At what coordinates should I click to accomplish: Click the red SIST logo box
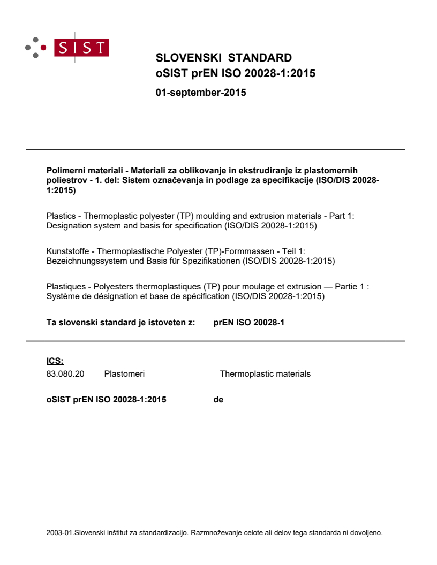pyautogui.click(x=84, y=48)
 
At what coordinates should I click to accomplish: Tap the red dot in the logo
pyautogui.click(x=43, y=48)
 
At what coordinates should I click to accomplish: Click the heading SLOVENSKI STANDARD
pyautogui.click(x=223, y=58)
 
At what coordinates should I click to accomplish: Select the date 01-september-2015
pyautogui.click(x=201, y=93)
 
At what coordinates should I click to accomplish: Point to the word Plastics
pyautogui.click(x=61, y=216)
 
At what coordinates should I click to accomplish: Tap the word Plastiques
pyautogui.click(x=65, y=287)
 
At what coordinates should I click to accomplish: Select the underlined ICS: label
pyautogui.click(x=55, y=361)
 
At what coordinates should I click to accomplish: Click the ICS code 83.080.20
pyautogui.click(x=65, y=374)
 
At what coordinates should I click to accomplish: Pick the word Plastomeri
pyautogui.click(x=124, y=374)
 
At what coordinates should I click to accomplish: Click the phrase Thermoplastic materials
pyautogui.click(x=265, y=374)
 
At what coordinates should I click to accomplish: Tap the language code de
pyautogui.click(x=218, y=399)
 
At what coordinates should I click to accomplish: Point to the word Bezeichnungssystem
pyautogui.click(x=85, y=261)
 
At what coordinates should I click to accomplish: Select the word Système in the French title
pyautogui.click(x=62, y=296)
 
